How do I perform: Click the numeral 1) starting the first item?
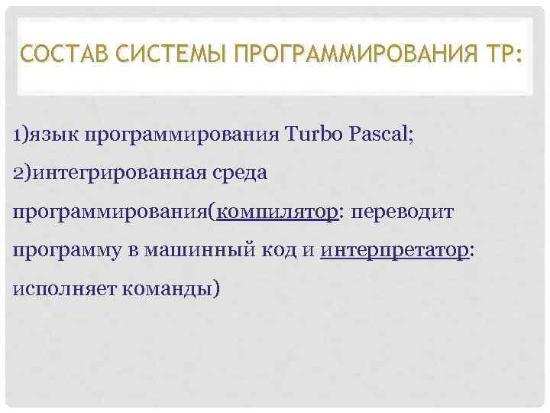pos(21,135)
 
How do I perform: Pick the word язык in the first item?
pos(54,135)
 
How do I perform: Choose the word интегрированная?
pos(115,174)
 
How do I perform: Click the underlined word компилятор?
pos(277,212)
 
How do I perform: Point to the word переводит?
pos(402,212)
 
